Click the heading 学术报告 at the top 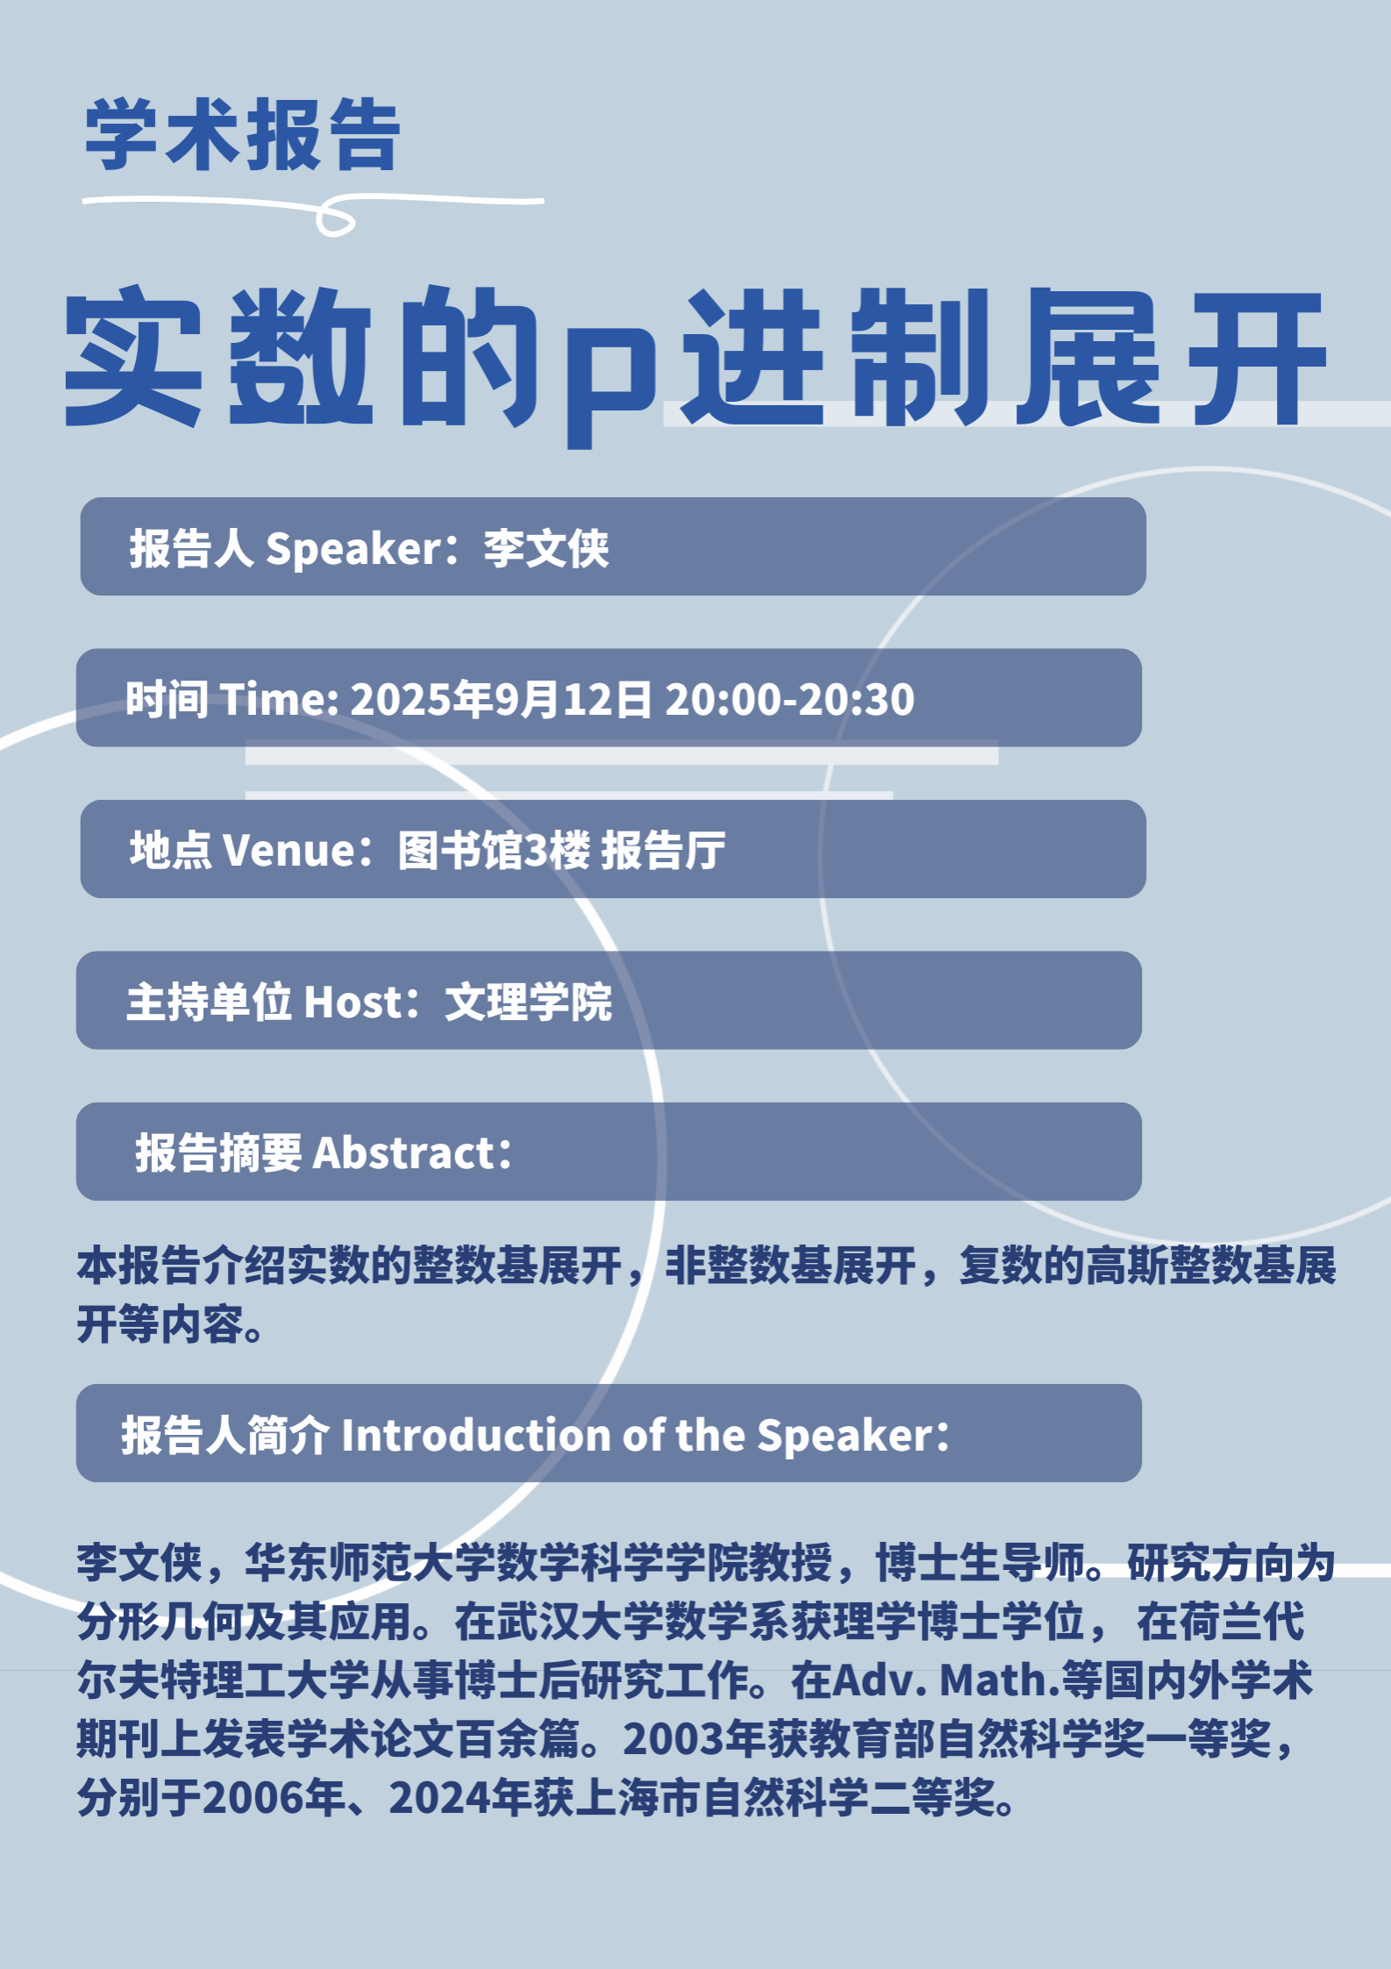pos(243,135)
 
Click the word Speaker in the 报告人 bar pos(353,549)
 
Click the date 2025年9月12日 pos(502,699)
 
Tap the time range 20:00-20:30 pos(789,699)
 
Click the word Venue pos(288,850)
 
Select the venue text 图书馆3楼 pos(494,850)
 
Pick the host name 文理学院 pos(529,1002)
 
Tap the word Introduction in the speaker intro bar pos(477,1436)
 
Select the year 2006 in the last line pos(253,1797)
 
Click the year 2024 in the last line pos(439,1797)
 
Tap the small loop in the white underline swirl pos(335,219)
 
